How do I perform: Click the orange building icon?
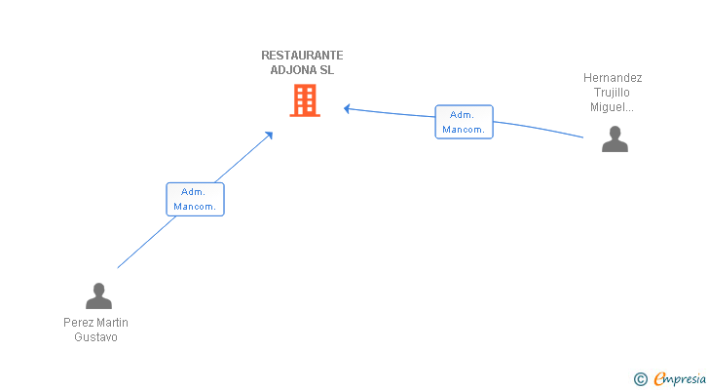coord(304,100)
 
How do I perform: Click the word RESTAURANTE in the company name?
coord(302,56)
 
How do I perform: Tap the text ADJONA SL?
coord(302,70)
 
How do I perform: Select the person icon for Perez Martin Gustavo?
coord(97,295)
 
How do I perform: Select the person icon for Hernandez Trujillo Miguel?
coord(615,139)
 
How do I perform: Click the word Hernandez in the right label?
coord(613,78)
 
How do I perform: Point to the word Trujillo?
coord(613,93)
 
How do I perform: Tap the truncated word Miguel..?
coord(613,107)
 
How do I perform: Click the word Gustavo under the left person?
coord(95,337)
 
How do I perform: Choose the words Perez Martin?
coord(95,323)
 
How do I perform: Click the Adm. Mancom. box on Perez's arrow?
coord(195,199)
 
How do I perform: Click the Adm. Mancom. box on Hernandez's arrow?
coord(464,122)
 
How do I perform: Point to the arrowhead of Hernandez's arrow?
coord(346,108)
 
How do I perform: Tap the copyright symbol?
coord(640,378)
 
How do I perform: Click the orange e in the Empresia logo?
coord(659,378)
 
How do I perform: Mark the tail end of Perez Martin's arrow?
coord(118,267)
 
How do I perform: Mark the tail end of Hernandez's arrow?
coord(582,137)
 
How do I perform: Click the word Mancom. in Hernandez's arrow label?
coord(464,130)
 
